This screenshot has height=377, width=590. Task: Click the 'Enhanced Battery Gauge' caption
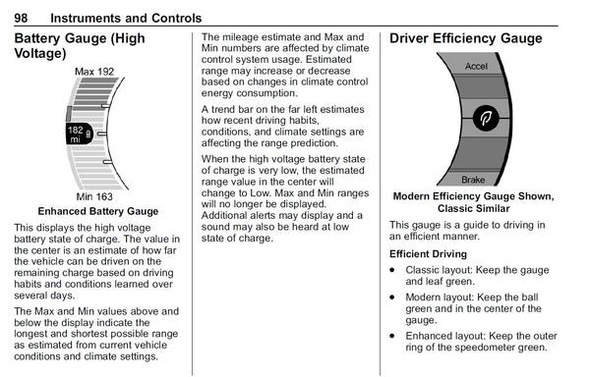click(x=97, y=211)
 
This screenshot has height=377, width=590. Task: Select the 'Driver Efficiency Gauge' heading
click(x=465, y=39)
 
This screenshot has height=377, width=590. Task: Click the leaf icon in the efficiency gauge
click(x=483, y=119)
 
